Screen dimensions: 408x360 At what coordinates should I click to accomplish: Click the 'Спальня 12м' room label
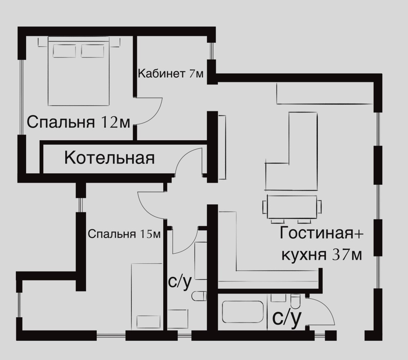[x=78, y=122]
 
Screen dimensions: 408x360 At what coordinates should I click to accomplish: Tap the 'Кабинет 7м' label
[x=171, y=73]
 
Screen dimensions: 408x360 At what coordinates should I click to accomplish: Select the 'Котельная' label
[x=109, y=157]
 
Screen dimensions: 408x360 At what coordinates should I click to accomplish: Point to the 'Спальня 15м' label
[x=124, y=234]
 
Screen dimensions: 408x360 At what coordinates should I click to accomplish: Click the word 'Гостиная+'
[x=322, y=233]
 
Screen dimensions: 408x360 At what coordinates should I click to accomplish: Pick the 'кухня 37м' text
[x=322, y=255]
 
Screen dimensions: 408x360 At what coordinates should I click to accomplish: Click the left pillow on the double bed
[x=64, y=51]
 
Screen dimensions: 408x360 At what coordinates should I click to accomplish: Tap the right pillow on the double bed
[x=93, y=51]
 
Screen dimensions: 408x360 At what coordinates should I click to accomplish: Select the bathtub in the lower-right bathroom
[x=243, y=312]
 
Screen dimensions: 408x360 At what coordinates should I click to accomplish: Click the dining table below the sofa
[x=292, y=207]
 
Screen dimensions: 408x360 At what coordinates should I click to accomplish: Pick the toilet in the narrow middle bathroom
[x=199, y=296]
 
